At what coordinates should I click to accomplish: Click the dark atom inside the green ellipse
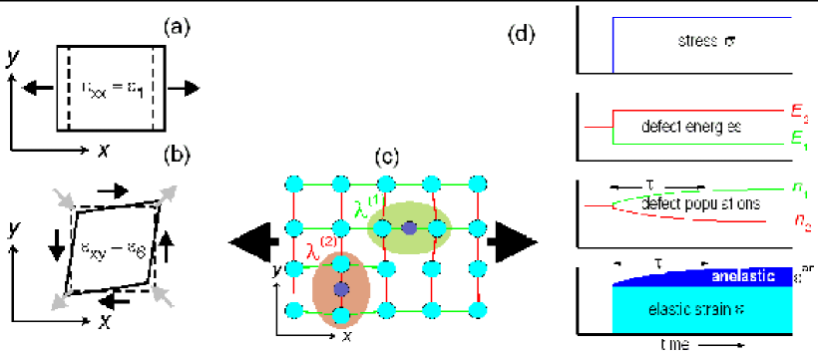(x=410, y=228)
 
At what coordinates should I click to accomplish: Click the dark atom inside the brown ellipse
(x=340, y=288)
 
